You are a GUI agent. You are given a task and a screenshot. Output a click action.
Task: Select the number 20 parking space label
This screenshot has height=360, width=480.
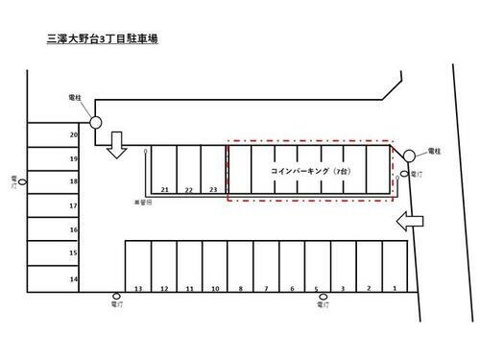pyautogui.click(x=73, y=135)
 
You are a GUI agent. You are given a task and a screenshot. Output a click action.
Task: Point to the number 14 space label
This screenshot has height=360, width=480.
pyautogui.click(x=73, y=278)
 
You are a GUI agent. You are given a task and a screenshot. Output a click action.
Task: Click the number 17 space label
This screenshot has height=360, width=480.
pyautogui.click(x=73, y=205)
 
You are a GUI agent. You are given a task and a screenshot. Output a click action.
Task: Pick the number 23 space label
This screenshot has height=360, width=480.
pyautogui.click(x=213, y=190)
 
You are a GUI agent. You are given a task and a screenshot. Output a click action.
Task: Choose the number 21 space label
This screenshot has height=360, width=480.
pyautogui.click(x=165, y=190)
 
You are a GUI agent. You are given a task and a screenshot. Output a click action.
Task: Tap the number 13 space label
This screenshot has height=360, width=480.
pyautogui.click(x=139, y=288)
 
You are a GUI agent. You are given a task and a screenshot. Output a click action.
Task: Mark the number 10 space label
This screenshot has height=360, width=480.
pyautogui.click(x=216, y=288)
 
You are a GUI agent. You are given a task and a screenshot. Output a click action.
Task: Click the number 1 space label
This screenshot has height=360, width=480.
pyautogui.click(x=395, y=288)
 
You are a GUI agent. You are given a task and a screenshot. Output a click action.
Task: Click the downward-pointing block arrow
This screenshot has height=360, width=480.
pyautogui.click(x=118, y=145)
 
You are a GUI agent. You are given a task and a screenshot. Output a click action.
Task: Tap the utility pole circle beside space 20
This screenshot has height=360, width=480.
pyautogui.click(x=95, y=122)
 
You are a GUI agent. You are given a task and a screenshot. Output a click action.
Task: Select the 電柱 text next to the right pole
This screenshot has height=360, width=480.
pyautogui.click(x=432, y=152)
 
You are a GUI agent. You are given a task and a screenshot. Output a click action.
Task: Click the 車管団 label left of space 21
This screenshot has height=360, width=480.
pyautogui.click(x=143, y=203)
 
